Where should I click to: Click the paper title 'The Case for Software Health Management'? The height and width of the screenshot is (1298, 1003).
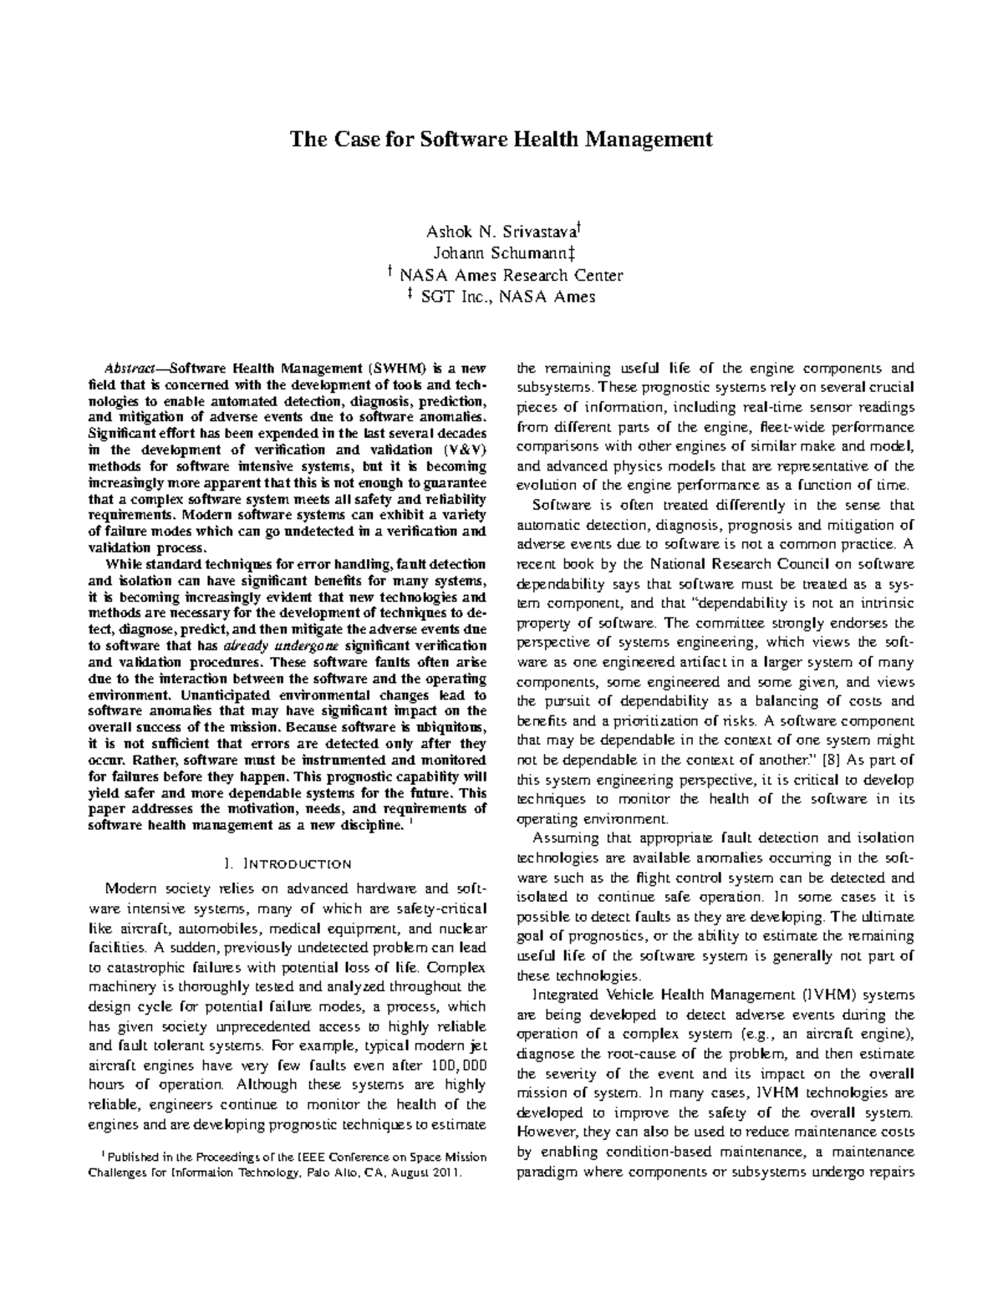point(501,139)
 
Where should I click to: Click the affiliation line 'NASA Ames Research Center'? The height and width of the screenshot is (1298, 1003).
point(510,275)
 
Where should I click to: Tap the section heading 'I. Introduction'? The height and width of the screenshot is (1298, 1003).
point(284,863)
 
